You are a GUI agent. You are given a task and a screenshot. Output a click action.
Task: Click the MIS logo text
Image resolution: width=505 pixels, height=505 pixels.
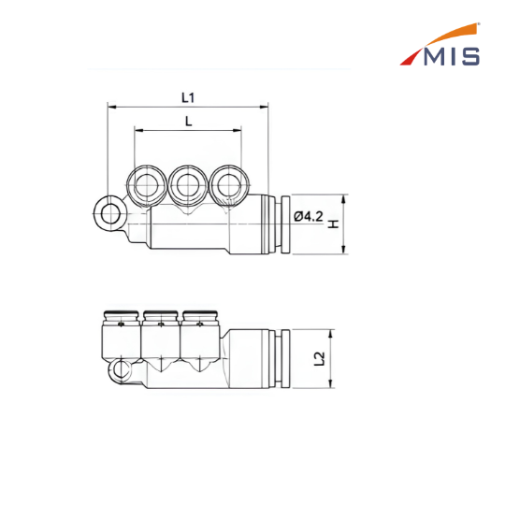pyautogui.click(x=452, y=57)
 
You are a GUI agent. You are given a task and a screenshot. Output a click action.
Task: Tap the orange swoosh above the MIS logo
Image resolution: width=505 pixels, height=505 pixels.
pyautogui.click(x=451, y=34)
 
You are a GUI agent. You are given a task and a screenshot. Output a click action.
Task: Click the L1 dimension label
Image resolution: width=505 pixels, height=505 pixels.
pyautogui.click(x=188, y=97)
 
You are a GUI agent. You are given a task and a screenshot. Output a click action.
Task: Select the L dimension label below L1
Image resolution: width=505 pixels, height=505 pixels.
pyautogui.click(x=188, y=122)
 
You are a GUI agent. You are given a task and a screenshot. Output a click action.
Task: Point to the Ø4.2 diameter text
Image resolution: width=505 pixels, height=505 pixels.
pyautogui.click(x=309, y=216)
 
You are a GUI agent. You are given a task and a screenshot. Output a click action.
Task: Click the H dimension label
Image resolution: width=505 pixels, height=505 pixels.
pyautogui.click(x=333, y=224)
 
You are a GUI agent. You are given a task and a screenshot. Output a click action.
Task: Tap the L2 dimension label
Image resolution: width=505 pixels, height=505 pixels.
pyautogui.click(x=319, y=358)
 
